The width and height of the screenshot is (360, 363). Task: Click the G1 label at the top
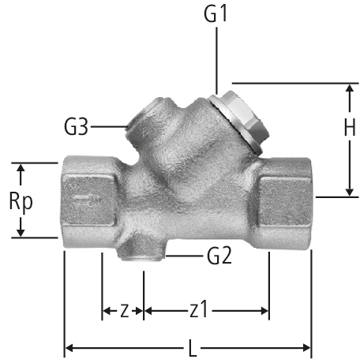pos(216,13)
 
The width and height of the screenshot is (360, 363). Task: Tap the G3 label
pos(76,127)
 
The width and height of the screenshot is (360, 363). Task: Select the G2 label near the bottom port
pos(219,256)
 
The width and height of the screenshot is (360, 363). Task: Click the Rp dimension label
pos(21,201)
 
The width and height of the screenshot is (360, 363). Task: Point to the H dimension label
pos(350,127)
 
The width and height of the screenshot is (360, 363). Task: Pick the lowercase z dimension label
pos(125,311)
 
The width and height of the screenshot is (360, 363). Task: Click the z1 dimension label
pos(198,309)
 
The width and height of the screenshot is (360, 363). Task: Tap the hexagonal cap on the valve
pos(239,122)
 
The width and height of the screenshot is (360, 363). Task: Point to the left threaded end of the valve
pos(89,202)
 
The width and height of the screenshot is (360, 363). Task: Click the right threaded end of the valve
pos(284,203)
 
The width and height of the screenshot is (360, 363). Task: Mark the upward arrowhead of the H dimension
pos(350,89)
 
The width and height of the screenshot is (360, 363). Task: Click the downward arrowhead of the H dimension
pos(350,191)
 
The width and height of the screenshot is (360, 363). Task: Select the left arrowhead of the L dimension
pos(69,348)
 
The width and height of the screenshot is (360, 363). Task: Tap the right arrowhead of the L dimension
pos(307,348)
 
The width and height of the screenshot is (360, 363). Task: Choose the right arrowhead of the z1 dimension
pos(264,311)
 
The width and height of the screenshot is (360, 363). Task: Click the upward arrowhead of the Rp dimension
pos(21,169)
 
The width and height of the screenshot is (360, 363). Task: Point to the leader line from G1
pos(216,61)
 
